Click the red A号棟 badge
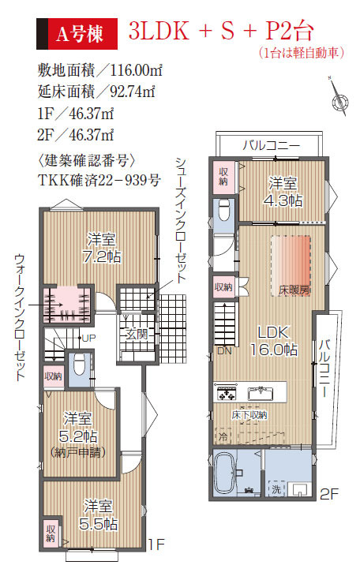77,34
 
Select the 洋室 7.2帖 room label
101,248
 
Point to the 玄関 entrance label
136,334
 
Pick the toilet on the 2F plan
224,210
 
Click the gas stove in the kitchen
226,394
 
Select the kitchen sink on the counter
261,394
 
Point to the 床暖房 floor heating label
294,290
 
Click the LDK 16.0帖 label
274,341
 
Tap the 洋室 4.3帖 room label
283,192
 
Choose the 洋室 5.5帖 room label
98,515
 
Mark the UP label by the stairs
88,338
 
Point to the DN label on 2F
224,350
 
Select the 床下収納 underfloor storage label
249,414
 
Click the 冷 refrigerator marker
223,436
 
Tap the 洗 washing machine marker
276,489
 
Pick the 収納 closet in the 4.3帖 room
223,177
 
